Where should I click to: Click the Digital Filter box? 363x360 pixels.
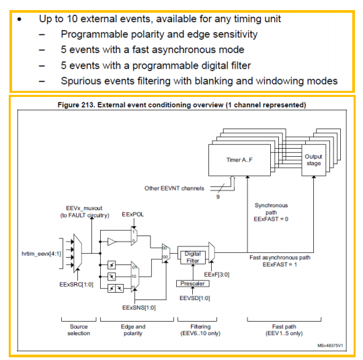pyautogui.click(x=193, y=257)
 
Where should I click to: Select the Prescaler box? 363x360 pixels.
pyautogui.click(x=193, y=283)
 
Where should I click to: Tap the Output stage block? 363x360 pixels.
pyautogui.click(x=314, y=160)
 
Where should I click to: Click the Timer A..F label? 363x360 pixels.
pyautogui.click(x=239, y=160)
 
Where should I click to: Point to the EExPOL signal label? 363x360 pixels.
pyautogui.click(x=132, y=215)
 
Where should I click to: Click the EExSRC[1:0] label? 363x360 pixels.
pyautogui.click(x=76, y=285)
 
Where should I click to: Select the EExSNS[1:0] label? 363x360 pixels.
pyautogui.click(x=139, y=308)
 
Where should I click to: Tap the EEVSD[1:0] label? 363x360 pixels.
pyautogui.click(x=195, y=298)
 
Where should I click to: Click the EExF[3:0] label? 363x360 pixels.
pyautogui.click(x=216, y=275)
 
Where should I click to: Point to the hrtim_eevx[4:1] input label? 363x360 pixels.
pyautogui.click(x=42, y=254)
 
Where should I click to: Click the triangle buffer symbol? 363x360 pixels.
pyautogui.click(x=112, y=242)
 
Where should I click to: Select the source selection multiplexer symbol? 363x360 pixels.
pyautogui.click(x=77, y=253)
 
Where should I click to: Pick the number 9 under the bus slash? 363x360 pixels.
pyautogui.click(x=218, y=196)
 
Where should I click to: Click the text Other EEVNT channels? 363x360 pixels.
pyautogui.click(x=174, y=188)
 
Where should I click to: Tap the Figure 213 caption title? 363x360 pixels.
pyautogui.click(x=182, y=105)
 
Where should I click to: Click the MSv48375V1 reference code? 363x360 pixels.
pyautogui.click(x=330, y=346)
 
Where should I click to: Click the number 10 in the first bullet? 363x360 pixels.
pyautogui.click(x=72, y=19)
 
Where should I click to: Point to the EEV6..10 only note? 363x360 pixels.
pyautogui.click(x=200, y=333)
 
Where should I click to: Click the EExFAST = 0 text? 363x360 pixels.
pyautogui.click(x=271, y=219)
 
